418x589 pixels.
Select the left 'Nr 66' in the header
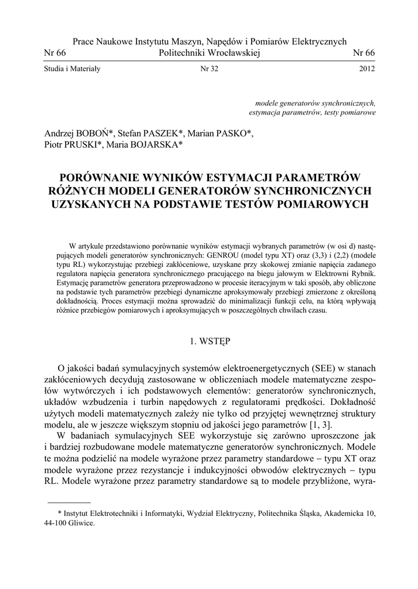55,53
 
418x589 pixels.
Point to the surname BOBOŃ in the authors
97,133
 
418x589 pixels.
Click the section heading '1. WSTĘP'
210,341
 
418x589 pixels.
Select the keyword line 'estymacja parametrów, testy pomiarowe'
312,113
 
